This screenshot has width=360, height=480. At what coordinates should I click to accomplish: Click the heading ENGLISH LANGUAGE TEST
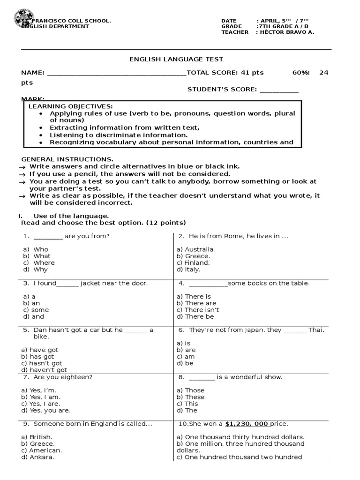click(176, 59)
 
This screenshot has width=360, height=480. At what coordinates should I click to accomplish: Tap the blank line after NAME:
click(116, 73)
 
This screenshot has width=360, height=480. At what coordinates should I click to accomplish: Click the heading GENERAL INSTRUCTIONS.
click(67, 159)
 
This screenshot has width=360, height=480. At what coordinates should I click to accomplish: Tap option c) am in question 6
click(186, 357)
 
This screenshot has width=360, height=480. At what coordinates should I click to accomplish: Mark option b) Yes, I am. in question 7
click(40, 397)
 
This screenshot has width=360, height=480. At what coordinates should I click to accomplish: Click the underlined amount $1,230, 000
click(247, 424)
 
